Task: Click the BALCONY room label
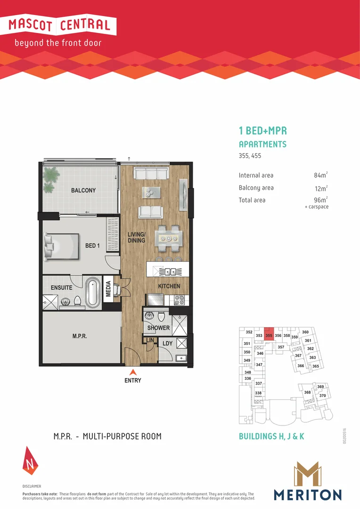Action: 83,190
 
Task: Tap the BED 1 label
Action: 92,246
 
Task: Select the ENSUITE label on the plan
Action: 61,287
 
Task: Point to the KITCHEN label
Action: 169,286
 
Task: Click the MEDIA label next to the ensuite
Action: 108,290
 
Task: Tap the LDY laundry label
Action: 167,344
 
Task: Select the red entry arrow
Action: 133,371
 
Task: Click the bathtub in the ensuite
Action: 92,292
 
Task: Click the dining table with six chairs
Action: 168,238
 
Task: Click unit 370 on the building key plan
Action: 323,395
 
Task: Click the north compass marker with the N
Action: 29,460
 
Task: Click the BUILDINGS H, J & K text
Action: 272,436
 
